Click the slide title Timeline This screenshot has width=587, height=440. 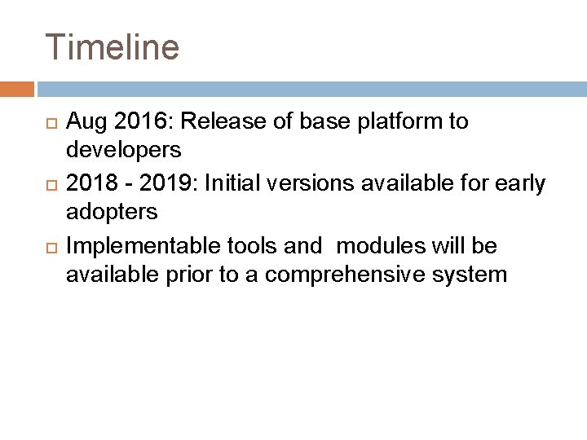pyautogui.click(x=112, y=46)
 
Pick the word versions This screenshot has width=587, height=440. pyautogui.click(x=304, y=184)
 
